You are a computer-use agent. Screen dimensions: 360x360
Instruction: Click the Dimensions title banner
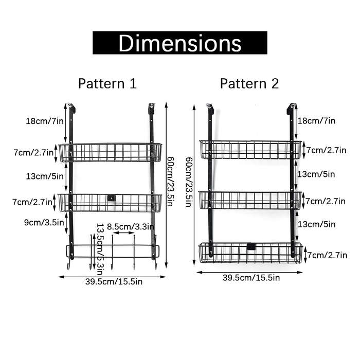click(180, 43)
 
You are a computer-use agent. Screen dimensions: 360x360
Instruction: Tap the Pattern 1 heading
click(107, 83)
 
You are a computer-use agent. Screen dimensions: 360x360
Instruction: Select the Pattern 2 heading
click(249, 83)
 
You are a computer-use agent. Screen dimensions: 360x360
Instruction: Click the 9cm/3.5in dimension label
click(44, 222)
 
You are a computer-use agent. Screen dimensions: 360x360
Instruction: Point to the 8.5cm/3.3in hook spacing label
click(131, 227)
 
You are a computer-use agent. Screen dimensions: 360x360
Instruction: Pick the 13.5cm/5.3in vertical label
click(100, 249)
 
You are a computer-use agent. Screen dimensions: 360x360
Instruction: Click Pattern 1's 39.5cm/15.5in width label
click(114, 281)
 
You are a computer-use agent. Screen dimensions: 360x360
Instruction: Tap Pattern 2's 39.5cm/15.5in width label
click(251, 278)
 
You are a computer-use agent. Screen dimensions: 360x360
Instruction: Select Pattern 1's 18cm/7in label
click(45, 121)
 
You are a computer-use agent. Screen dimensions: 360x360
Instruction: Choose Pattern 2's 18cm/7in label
click(316, 120)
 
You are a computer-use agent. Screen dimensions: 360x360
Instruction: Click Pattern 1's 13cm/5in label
click(45, 176)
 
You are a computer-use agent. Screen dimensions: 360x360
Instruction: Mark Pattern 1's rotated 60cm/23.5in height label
click(170, 182)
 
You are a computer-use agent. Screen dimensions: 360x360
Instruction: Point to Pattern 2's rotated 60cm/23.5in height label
click(189, 182)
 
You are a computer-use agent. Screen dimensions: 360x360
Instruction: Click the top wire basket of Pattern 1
click(110, 152)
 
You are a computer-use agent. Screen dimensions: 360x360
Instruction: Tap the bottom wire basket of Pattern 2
click(250, 253)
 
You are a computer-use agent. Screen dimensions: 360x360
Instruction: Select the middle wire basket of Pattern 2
click(250, 200)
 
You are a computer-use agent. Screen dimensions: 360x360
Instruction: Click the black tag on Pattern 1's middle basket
click(112, 198)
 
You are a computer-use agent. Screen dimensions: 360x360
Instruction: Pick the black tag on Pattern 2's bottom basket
click(251, 246)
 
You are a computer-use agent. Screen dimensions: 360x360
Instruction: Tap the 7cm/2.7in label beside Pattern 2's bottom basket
click(327, 255)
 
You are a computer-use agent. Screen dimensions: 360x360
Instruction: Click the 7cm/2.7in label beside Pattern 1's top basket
click(33, 152)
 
